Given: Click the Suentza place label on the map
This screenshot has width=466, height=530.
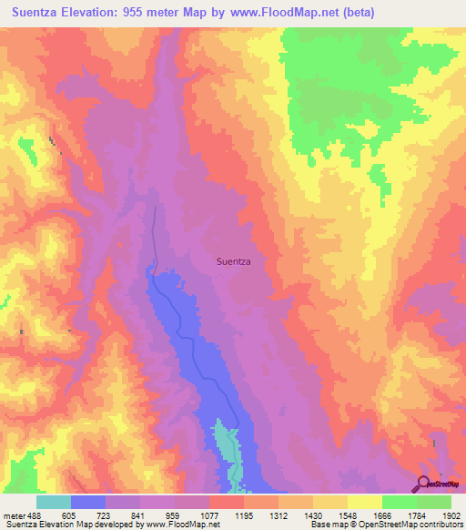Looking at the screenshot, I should (234, 261).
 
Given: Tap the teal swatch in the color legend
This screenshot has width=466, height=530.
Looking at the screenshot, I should (54, 501).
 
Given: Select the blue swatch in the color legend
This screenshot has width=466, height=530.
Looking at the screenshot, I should (88, 501).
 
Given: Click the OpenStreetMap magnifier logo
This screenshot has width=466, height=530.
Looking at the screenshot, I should (423, 484).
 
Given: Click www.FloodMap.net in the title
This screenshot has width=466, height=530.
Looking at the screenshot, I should (287, 13).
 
